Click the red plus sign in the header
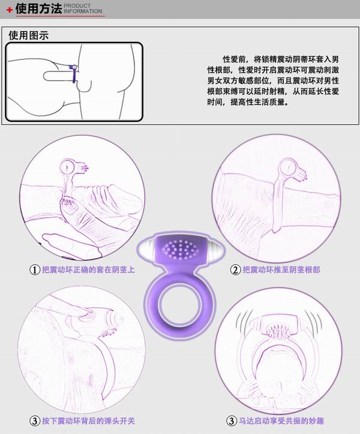coord(9,10)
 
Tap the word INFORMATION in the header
coord(82,11)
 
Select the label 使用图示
coord(28,35)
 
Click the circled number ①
coord(35,270)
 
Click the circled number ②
coord(236,270)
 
